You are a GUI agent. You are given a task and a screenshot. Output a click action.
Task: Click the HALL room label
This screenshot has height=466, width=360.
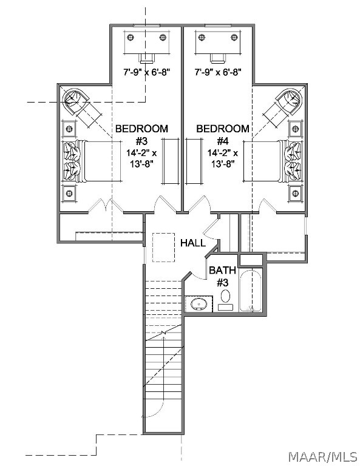193,243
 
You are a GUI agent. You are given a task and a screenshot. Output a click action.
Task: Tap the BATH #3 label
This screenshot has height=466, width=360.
222,277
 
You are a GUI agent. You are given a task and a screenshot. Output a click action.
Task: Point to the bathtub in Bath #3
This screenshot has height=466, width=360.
250,291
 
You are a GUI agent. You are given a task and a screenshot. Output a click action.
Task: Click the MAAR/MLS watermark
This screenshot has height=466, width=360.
323,456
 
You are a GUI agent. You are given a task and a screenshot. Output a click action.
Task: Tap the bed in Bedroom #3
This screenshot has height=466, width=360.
92,161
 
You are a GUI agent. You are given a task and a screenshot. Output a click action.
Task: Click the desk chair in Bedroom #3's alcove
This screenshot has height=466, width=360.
146,58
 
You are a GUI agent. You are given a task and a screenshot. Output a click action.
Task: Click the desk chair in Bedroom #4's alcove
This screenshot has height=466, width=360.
217,58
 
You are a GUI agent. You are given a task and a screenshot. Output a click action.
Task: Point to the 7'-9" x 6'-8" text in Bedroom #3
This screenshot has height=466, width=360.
146,72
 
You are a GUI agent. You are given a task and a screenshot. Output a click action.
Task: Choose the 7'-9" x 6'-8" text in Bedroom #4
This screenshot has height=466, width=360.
217,72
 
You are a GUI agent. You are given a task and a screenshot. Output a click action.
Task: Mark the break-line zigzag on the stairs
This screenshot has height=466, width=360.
163,333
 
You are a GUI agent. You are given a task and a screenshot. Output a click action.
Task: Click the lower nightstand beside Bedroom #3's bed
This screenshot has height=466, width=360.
69,194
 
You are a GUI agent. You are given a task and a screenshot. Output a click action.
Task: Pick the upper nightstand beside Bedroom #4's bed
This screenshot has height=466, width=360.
295,129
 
